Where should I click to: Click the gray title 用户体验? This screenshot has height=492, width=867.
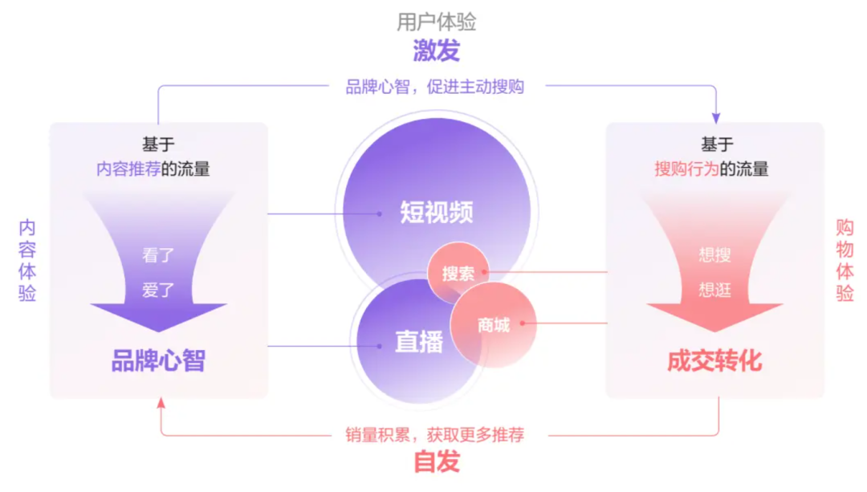point(436,22)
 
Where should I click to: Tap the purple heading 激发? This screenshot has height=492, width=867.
point(436,51)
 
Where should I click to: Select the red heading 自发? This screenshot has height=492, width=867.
point(436,462)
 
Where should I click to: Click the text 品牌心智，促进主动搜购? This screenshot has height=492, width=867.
point(434,87)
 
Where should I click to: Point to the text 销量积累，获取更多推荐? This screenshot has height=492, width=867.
point(434,435)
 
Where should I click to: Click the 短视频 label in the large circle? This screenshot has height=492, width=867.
point(436,212)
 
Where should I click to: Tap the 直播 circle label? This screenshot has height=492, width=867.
point(418,342)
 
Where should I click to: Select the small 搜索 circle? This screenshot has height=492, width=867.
point(458,273)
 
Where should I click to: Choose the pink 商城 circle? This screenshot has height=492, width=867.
point(493,325)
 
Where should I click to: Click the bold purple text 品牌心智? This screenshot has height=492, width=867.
point(158,361)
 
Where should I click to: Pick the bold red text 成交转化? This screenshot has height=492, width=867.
point(714,361)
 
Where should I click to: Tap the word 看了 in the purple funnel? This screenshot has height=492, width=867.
point(158,257)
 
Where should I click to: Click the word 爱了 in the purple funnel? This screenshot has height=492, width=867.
point(158,290)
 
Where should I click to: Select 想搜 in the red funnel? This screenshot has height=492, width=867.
point(714,256)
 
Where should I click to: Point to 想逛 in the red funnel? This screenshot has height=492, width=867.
point(714,290)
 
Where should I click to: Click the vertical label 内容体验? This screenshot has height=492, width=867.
point(27,261)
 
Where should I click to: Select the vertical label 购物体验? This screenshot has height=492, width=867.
point(845,261)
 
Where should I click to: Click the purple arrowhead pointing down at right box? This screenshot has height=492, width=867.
point(716,117)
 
